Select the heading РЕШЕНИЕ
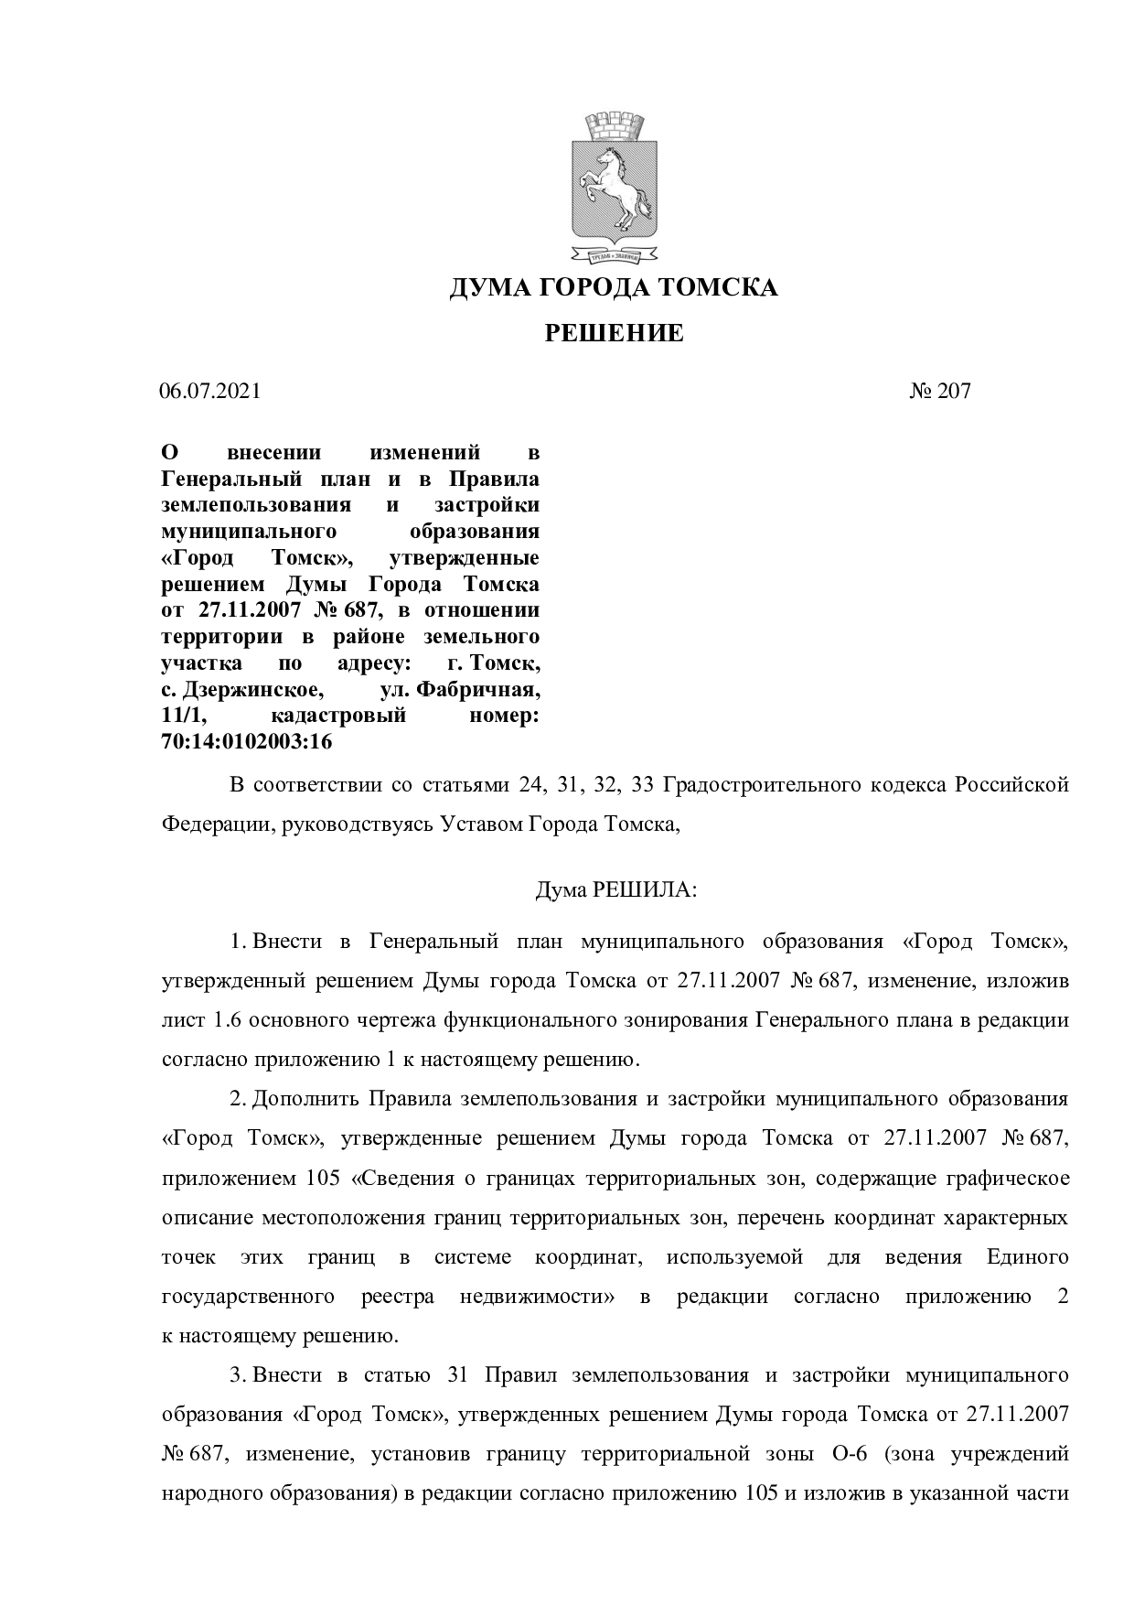614,333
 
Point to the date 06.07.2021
210,392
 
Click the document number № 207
940,392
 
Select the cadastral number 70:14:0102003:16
246,742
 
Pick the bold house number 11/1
179,715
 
